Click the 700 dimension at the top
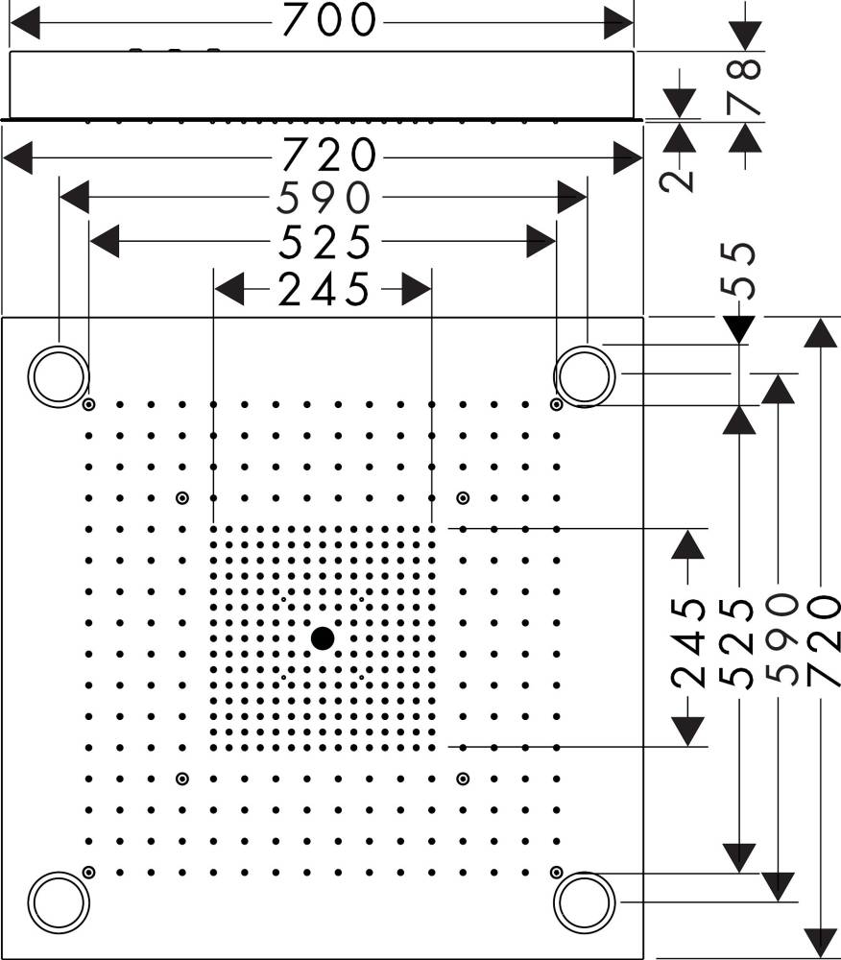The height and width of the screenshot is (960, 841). pyautogui.click(x=329, y=19)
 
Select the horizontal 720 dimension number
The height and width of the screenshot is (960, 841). pyautogui.click(x=329, y=156)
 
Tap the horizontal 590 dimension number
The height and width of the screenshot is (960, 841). pyautogui.click(x=324, y=198)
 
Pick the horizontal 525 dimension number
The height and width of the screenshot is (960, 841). pyautogui.click(x=324, y=242)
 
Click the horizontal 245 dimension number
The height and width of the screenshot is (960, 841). pyautogui.click(x=324, y=289)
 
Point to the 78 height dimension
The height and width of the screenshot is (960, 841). pyautogui.click(x=745, y=86)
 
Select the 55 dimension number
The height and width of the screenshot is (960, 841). pyautogui.click(x=738, y=271)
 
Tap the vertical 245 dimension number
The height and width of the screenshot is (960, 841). pyautogui.click(x=687, y=643)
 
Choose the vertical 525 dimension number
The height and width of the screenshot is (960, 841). pyautogui.click(x=736, y=643)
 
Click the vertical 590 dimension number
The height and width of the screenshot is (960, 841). pyautogui.click(x=781, y=639)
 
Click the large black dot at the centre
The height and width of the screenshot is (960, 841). pyautogui.click(x=323, y=638)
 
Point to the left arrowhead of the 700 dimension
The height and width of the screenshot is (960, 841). pyautogui.click(x=25, y=23)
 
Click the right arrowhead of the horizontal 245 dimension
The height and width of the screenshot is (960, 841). pyautogui.click(x=417, y=289)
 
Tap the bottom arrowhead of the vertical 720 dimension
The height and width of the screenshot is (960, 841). pyautogui.click(x=820, y=944)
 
